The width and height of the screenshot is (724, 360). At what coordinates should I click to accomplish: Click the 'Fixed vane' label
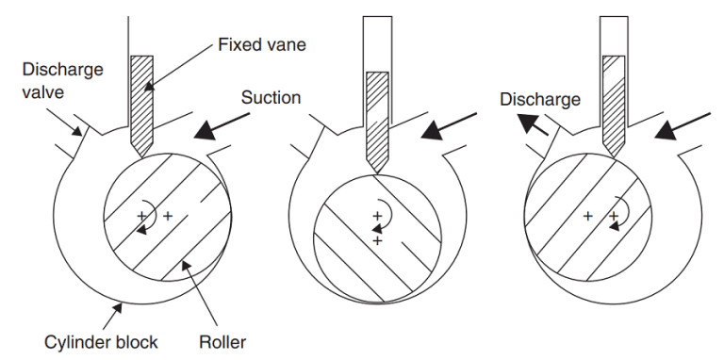click(262, 45)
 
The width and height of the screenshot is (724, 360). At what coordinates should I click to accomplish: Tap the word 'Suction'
click(271, 97)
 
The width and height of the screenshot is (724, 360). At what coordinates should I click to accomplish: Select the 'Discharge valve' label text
click(63, 81)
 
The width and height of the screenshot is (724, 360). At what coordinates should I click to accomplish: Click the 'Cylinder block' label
click(101, 342)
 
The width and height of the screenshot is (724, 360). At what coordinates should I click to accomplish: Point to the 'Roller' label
click(222, 342)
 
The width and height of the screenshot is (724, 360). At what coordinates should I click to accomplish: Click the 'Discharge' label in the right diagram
click(540, 99)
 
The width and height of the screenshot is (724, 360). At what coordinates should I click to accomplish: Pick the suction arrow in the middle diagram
click(449, 126)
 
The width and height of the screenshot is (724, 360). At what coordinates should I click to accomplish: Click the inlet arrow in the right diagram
click(683, 126)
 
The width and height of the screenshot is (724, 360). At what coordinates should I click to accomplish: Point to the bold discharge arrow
click(532, 125)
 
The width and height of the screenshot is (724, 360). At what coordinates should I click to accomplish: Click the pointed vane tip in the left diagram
click(141, 157)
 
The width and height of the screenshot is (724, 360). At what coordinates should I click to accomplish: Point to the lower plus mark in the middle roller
click(378, 240)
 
